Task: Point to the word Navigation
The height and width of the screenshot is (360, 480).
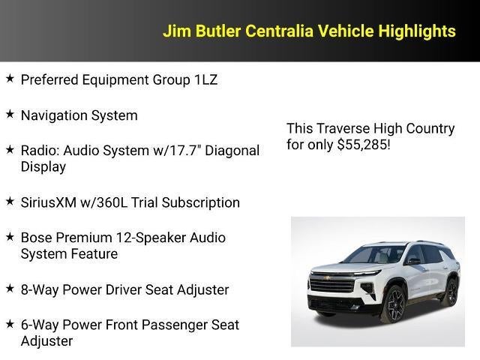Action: (55, 115)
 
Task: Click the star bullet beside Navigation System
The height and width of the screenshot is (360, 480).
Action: (9, 114)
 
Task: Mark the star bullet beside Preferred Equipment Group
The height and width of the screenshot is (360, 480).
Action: (9, 78)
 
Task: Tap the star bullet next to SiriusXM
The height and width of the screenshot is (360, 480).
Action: (9, 201)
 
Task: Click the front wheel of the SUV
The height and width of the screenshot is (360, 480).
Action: (394, 304)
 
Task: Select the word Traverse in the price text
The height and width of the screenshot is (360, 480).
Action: (342, 128)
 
